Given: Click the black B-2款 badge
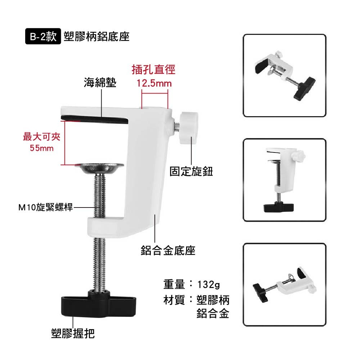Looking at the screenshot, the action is coord(43,36).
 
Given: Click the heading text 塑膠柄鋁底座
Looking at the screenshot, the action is coord(96,37).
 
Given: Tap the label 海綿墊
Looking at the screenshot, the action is coord(100,83).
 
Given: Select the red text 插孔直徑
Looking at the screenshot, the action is coord(154,69).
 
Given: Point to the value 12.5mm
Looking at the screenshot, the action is coord(154,83).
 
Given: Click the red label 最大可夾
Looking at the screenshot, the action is coord(42,137).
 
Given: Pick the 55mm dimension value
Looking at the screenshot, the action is coord(42,148).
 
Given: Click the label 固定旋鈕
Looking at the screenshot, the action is coord(191,172).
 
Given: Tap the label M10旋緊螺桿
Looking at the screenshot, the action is coord(45,207).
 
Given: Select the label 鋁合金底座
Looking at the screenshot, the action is coord(168,250).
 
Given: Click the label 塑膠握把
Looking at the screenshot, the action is coord(73,333).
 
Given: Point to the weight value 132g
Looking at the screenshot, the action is coord(208,285).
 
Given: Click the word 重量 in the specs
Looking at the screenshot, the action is coord(174,284).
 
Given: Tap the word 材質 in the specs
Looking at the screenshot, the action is coord(174,300).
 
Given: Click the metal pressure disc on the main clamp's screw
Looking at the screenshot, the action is coord(99,168).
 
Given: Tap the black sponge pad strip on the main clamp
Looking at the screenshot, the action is coord(94,119).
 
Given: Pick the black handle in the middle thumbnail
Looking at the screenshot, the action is coord(279,207).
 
